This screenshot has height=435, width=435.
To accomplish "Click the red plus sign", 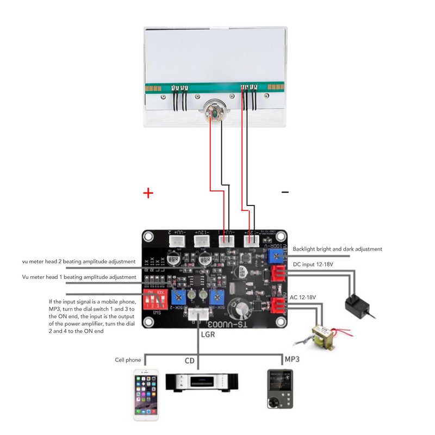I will pyautogui.click(x=147, y=193).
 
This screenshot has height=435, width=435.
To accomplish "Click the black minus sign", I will pyautogui.click(x=285, y=192).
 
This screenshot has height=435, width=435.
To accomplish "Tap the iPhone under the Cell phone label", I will pyautogui.click(x=146, y=394).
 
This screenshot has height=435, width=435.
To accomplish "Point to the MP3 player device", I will pyautogui.click(x=279, y=389).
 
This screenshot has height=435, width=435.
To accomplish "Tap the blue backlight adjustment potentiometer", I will pyautogui.click(x=277, y=256).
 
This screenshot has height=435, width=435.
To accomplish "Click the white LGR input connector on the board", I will pyautogui.click(x=198, y=314).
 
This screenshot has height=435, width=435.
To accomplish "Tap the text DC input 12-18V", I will pyautogui.click(x=314, y=264).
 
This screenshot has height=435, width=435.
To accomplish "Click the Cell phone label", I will pyautogui.click(x=128, y=360).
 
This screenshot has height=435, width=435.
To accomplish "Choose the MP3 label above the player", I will pyautogui.click(x=293, y=359).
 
